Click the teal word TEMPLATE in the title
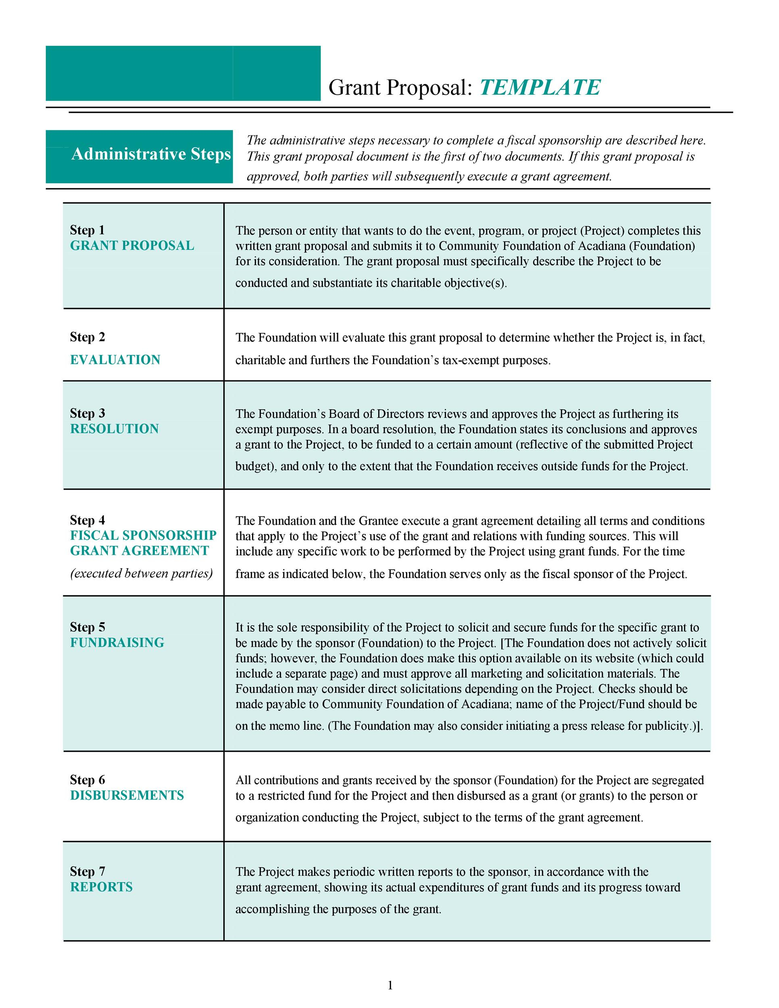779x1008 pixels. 540,87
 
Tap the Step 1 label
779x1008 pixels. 87,230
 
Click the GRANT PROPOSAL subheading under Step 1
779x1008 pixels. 132,246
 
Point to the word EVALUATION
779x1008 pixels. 115,360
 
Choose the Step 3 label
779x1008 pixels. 87,413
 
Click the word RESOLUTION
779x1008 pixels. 115,429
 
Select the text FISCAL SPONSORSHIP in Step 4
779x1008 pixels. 143,535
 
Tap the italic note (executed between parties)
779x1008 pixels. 141,573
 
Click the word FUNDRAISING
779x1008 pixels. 117,642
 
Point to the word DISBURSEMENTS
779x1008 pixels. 127,795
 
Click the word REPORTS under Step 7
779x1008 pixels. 101,887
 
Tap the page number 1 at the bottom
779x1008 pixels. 390,985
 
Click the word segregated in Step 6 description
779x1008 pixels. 678,781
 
